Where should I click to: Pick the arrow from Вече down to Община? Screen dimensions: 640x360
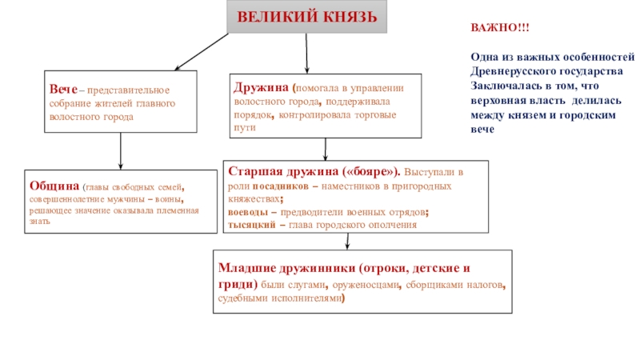click(x=120, y=150)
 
